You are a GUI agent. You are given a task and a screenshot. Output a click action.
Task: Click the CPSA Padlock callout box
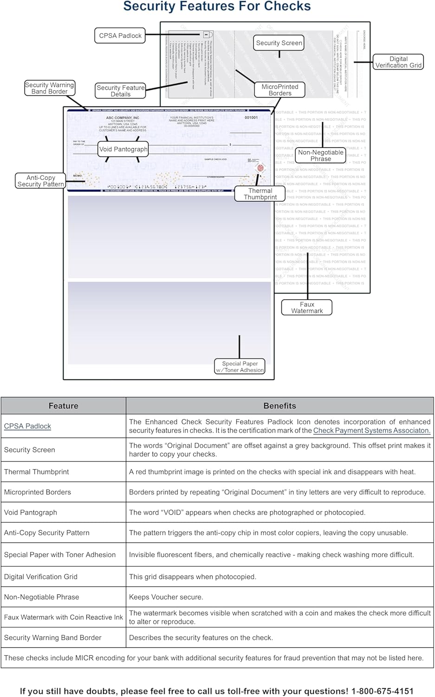pos(120,36)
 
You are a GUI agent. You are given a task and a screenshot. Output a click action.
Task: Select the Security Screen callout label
pos(279,43)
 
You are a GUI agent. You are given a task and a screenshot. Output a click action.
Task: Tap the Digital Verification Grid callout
pos(398,62)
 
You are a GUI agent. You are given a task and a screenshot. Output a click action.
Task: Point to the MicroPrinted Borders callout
pos(280,90)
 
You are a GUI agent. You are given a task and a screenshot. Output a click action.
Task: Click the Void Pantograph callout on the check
pos(123,149)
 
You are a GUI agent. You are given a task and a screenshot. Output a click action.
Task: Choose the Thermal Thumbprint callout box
pos(260,194)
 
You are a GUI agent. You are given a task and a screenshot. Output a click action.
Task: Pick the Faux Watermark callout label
pos(307,308)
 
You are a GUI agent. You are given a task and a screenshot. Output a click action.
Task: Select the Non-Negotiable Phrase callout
pos(321,156)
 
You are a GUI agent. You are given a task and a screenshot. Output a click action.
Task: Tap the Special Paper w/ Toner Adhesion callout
pos(240,367)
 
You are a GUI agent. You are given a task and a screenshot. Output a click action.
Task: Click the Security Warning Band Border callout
pos(49,88)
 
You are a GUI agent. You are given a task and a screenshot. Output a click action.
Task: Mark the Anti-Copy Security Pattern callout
pos(41,181)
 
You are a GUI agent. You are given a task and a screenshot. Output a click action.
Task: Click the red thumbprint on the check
pos(260,168)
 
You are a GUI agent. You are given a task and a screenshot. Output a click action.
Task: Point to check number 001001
pos(251,118)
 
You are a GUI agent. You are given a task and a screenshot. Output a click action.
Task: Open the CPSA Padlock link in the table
pos(27,426)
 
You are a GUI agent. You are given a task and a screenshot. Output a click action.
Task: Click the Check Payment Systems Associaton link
pos(371,430)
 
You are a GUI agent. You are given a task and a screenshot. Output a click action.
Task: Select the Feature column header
pos(64,406)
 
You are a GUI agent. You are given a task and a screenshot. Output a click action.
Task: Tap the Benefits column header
pos(279,406)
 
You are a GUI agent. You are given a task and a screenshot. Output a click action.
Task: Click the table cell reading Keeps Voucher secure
pos(166,597)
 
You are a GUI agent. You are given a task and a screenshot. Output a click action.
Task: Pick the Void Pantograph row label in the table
pos(31,513)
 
